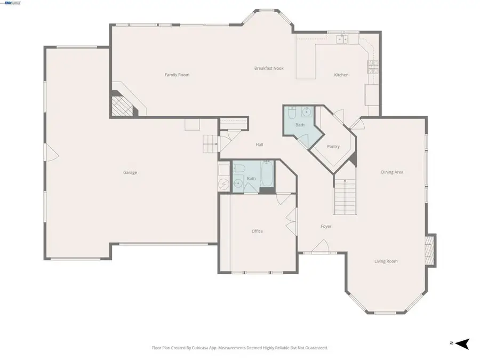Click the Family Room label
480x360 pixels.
(177, 75)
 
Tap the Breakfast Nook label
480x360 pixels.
(269, 68)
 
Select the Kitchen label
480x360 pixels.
(341, 75)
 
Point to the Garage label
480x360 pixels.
(130, 172)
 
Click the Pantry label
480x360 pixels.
(333, 147)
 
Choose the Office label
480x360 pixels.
(257, 231)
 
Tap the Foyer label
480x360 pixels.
(326, 226)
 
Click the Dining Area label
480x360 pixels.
(392, 172)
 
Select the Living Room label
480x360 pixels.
(386, 261)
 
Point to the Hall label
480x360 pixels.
(259, 145)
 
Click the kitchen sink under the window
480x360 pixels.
(342, 39)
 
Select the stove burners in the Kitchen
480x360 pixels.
(373, 67)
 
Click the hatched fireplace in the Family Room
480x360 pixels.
(123, 106)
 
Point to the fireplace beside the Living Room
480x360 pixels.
(429, 250)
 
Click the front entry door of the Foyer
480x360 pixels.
(320, 247)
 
